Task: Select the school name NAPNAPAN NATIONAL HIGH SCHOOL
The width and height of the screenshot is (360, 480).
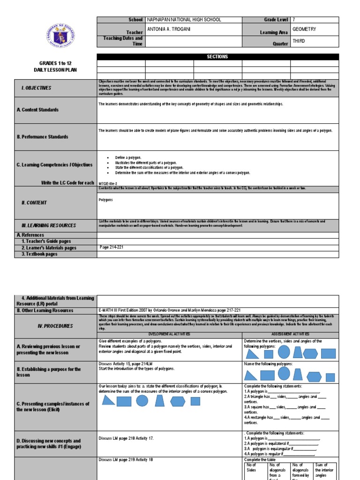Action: [184, 20]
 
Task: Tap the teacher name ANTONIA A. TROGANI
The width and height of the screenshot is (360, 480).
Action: [169, 29]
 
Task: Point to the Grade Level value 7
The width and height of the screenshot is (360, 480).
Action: [294, 20]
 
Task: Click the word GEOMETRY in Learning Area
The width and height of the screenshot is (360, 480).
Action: [304, 29]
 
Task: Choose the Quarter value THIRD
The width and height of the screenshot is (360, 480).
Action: [299, 41]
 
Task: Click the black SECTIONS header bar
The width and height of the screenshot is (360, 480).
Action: [217, 57]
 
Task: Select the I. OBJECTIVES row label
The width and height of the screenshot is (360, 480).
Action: [36, 88]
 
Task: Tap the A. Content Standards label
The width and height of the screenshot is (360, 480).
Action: [37, 110]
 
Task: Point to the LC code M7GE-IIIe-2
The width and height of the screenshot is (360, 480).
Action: [108, 183]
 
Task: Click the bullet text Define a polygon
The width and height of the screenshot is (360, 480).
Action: [128, 158]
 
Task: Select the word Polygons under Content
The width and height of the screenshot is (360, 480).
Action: [106, 199]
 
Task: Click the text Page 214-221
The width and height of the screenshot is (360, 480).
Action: [113, 247]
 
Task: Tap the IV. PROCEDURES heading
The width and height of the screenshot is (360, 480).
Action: [42, 325]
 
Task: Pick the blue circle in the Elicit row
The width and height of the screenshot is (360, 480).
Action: [142, 400]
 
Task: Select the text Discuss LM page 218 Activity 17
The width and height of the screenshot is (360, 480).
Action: [126, 438]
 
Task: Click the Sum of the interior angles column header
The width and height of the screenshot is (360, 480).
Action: [324, 470]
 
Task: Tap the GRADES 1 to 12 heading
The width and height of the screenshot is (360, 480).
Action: [56, 62]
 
